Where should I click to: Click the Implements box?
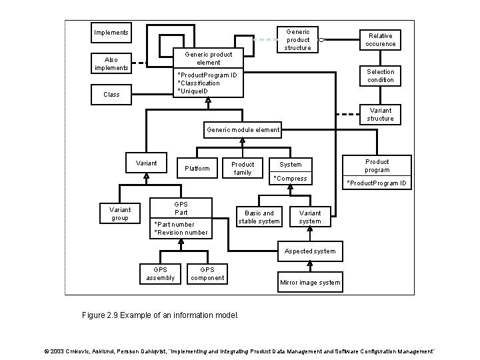[111, 33]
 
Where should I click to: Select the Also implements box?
[111, 63]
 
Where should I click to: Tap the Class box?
[111, 94]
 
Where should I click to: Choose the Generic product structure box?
[297, 39]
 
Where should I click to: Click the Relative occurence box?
[380, 40]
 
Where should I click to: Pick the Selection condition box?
[380, 75]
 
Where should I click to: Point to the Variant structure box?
[380, 114]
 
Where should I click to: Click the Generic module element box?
[243, 130]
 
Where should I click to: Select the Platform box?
[197, 168]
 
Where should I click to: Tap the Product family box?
[243, 168]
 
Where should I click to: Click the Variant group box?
[120, 213]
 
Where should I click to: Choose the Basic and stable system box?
[259, 217]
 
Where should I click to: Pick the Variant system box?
[310, 217]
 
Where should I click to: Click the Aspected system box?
[311, 251]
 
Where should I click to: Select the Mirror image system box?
[310, 282]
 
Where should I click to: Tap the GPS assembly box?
[160, 273]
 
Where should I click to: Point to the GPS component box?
[207, 273]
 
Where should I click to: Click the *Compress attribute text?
[291, 179]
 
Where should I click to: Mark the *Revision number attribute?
[181, 233]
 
